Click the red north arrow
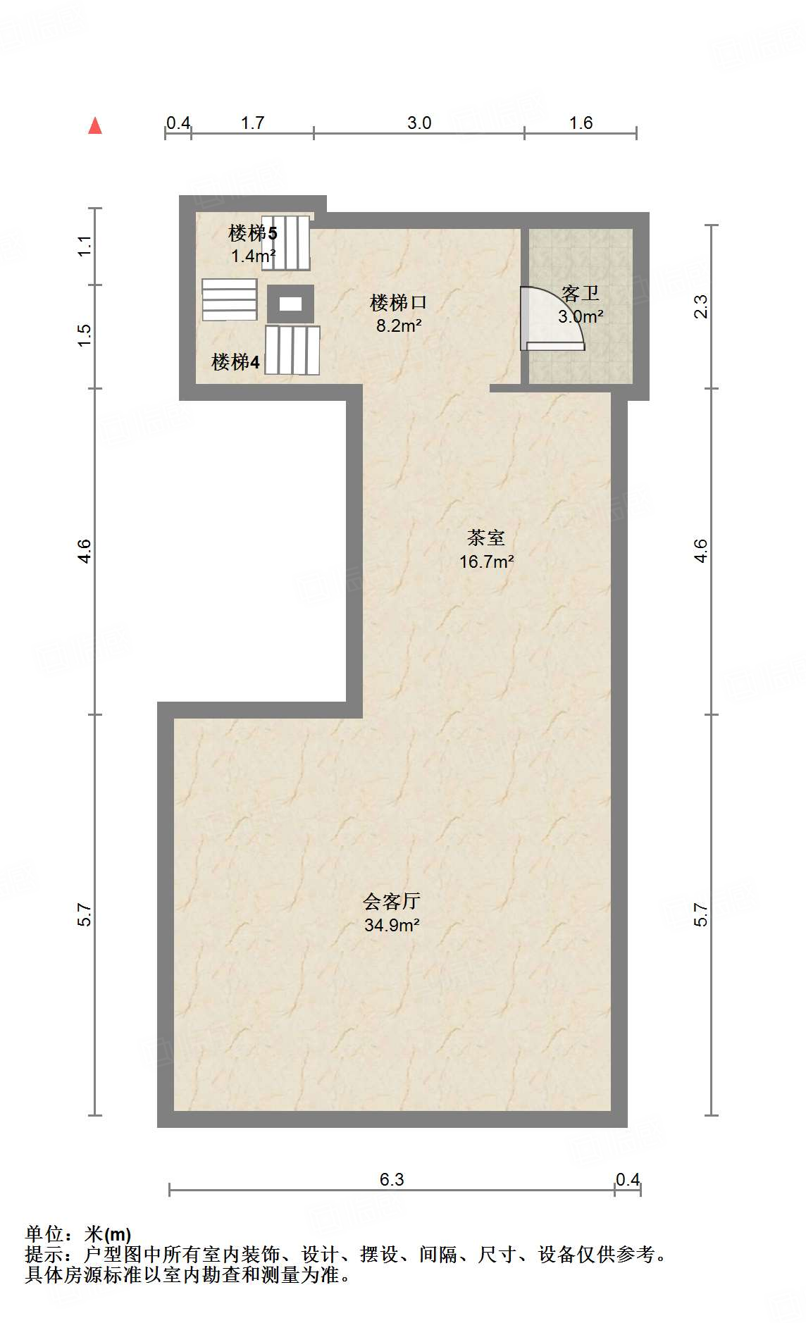tap(95, 126)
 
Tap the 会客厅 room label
tap(392, 901)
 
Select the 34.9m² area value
tap(392, 925)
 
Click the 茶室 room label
tap(486, 538)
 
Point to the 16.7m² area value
tap(486, 561)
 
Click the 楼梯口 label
tap(399, 303)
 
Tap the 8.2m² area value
tap(399, 325)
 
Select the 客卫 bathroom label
tap(581, 293)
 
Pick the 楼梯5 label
tap(253, 232)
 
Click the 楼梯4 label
tap(236, 362)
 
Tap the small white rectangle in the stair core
tap(290, 304)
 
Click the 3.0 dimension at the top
tap(419, 123)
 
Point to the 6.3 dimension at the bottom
tap(392, 1179)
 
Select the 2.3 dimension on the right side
tap(701, 306)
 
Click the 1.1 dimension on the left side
tap(85, 246)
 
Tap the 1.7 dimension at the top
tap(252, 123)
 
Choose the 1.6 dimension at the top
tap(581, 123)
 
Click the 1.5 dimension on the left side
tap(85, 335)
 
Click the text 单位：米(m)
tap(78, 1234)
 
